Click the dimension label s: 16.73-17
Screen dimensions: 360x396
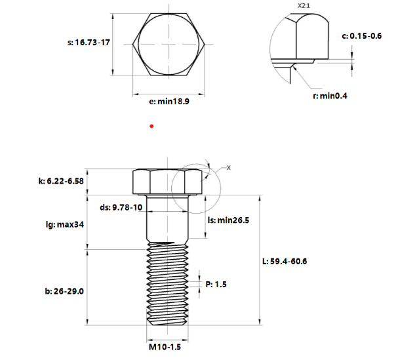coord(89,43)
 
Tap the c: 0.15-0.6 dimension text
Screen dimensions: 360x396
coord(362,36)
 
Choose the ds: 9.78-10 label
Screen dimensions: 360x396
coord(121,207)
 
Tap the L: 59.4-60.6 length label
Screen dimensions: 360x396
coord(285,262)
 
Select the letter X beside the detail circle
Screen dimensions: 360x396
coord(229,168)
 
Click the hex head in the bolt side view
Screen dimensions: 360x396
coord(167,182)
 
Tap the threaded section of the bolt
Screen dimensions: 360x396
coord(167,285)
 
